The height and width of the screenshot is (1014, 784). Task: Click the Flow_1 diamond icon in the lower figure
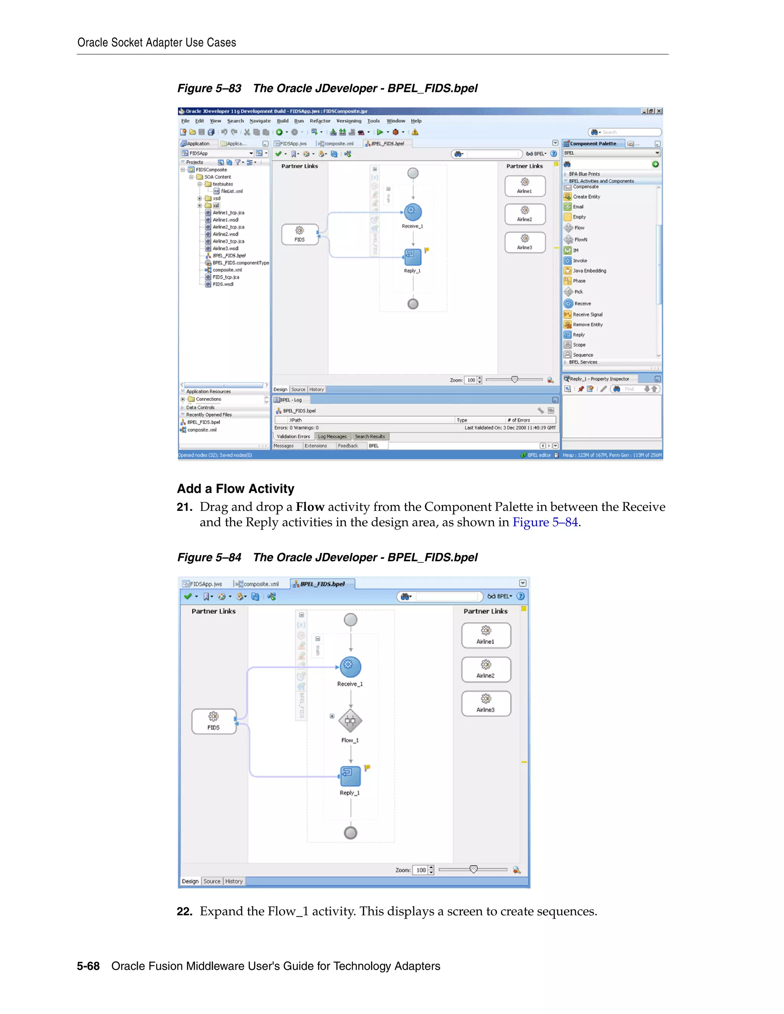point(350,721)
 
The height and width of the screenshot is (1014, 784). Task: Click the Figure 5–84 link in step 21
point(545,522)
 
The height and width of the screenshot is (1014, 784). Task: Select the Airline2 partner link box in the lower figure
point(486,669)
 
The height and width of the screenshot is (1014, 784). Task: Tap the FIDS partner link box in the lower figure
point(214,721)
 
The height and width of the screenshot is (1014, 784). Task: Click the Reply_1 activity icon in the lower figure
point(350,776)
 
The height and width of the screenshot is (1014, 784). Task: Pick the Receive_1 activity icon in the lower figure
point(350,667)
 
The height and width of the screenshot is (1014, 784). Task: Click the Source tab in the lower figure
point(212,881)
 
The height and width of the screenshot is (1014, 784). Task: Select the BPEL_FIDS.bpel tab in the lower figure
point(322,584)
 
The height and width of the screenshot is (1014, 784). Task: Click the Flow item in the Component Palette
point(579,228)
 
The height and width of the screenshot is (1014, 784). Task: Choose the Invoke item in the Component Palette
point(580,261)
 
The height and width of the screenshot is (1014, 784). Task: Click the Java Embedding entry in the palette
point(589,271)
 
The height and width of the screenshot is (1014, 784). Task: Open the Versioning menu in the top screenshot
point(348,121)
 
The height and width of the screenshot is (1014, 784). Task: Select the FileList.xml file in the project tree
point(231,191)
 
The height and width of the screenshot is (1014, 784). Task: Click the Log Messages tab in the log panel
point(332,437)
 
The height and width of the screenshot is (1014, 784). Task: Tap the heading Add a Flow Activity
point(235,489)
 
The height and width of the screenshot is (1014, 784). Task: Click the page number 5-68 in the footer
point(88,966)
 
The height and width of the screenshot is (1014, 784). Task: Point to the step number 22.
point(185,911)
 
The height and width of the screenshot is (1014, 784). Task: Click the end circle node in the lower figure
point(350,833)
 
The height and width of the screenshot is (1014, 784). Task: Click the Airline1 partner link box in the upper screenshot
point(524,186)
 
